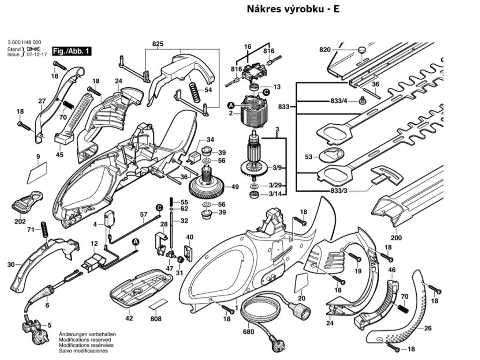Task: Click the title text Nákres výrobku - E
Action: click(x=290, y=9)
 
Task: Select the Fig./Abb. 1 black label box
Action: click(x=72, y=51)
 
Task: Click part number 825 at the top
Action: click(x=157, y=44)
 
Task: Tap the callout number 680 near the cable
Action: click(x=248, y=332)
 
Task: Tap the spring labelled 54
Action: click(x=194, y=89)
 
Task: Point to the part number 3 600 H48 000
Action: click(x=24, y=42)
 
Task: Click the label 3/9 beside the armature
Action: click(x=277, y=168)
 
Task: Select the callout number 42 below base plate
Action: click(x=129, y=318)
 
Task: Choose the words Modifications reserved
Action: click(x=85, y=339)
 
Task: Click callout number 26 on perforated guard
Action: click(x=427, y=328)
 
